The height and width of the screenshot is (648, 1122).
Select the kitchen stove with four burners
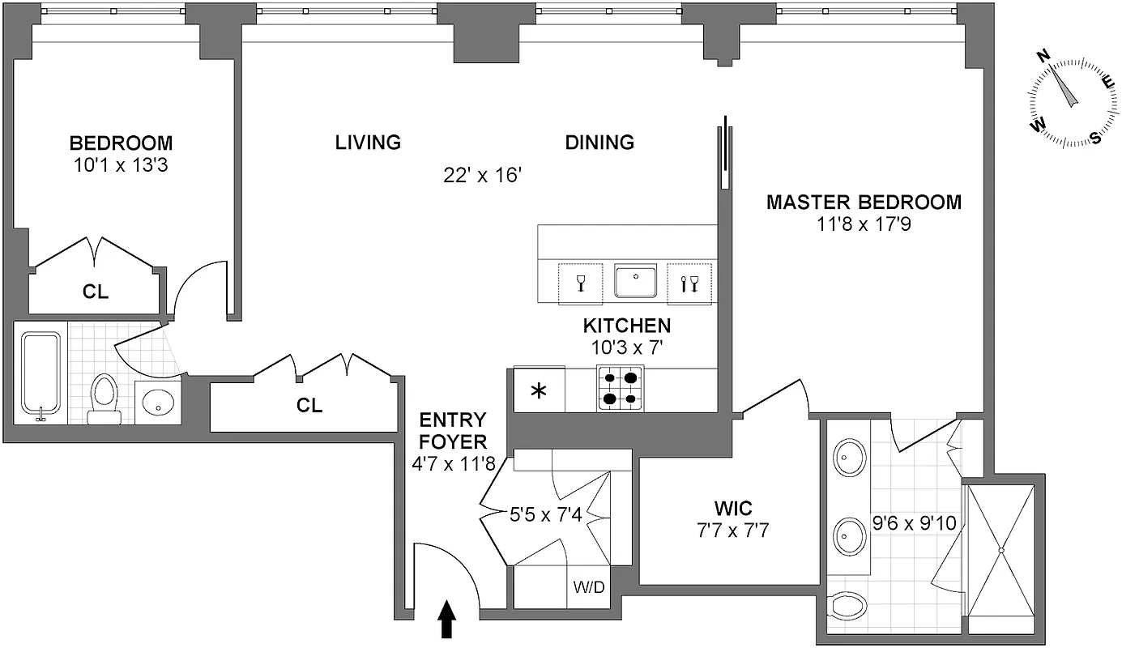620,388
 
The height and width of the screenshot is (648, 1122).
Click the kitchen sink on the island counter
635,281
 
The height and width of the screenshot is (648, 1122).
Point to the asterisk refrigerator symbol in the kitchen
538,391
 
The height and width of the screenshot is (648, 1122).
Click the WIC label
732,509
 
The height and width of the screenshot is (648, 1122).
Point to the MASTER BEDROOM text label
864,202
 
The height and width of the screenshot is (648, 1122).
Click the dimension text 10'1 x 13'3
121,165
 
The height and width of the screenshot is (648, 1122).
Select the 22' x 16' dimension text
480,175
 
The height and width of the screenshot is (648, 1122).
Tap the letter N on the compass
1044,56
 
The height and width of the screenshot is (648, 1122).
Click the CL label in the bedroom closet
96,292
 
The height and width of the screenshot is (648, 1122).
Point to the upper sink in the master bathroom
849,458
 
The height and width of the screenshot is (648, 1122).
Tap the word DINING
599,143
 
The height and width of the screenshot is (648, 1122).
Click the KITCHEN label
627,326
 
